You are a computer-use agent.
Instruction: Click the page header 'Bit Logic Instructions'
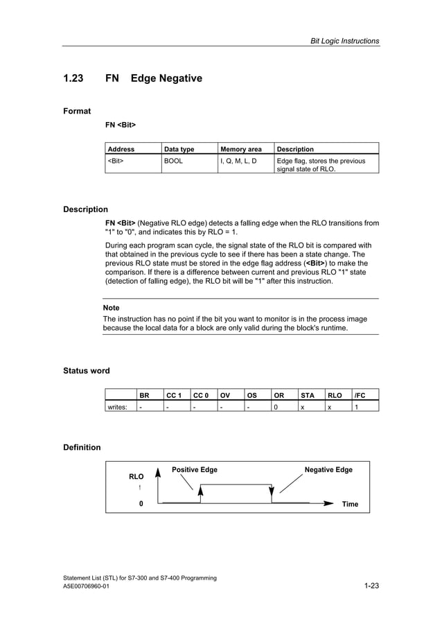point(344,41)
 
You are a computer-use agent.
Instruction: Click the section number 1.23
point(73,78)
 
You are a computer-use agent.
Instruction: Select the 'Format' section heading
point(77,111)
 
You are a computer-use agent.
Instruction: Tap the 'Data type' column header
point(179,149)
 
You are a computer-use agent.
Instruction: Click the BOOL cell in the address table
point(173,161)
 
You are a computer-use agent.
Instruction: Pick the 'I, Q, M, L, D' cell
point(238,161)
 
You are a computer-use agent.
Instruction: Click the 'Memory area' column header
point(241,149)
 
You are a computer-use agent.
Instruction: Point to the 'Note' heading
point(111,308)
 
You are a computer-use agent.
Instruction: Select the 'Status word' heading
point(86,371)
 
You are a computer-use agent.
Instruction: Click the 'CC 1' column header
point(173,395)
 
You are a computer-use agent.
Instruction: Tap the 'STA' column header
point(307,395)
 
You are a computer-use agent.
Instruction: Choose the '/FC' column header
point(360,395)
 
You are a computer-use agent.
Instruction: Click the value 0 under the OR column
point(276,407)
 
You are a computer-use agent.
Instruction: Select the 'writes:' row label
point(116,407)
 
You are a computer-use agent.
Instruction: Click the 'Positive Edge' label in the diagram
point(195,470)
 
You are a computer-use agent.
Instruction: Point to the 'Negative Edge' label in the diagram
point(328,470)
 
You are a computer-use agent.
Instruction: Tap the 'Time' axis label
point(350,504)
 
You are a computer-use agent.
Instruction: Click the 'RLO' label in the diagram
point(136,477)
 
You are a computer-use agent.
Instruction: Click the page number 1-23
point(371,586)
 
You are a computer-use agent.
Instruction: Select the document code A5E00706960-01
point(86,586)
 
